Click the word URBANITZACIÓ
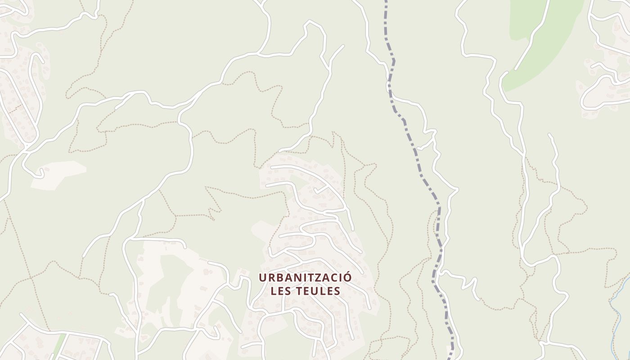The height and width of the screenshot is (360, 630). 305,278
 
